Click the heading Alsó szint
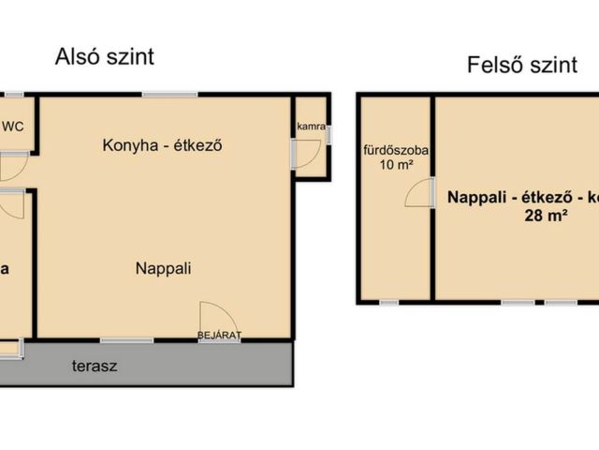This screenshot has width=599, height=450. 103,56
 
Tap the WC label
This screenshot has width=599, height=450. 14,127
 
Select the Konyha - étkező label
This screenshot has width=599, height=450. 166,145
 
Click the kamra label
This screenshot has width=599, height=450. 311,127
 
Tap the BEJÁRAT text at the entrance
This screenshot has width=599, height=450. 219,335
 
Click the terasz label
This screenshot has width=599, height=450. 95,367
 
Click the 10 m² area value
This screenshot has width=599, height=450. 396,166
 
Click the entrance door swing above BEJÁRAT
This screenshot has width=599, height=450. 212,316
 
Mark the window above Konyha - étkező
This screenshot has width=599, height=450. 170,94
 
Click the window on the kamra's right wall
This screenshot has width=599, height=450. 330,134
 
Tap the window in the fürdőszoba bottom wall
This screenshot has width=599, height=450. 388,302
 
